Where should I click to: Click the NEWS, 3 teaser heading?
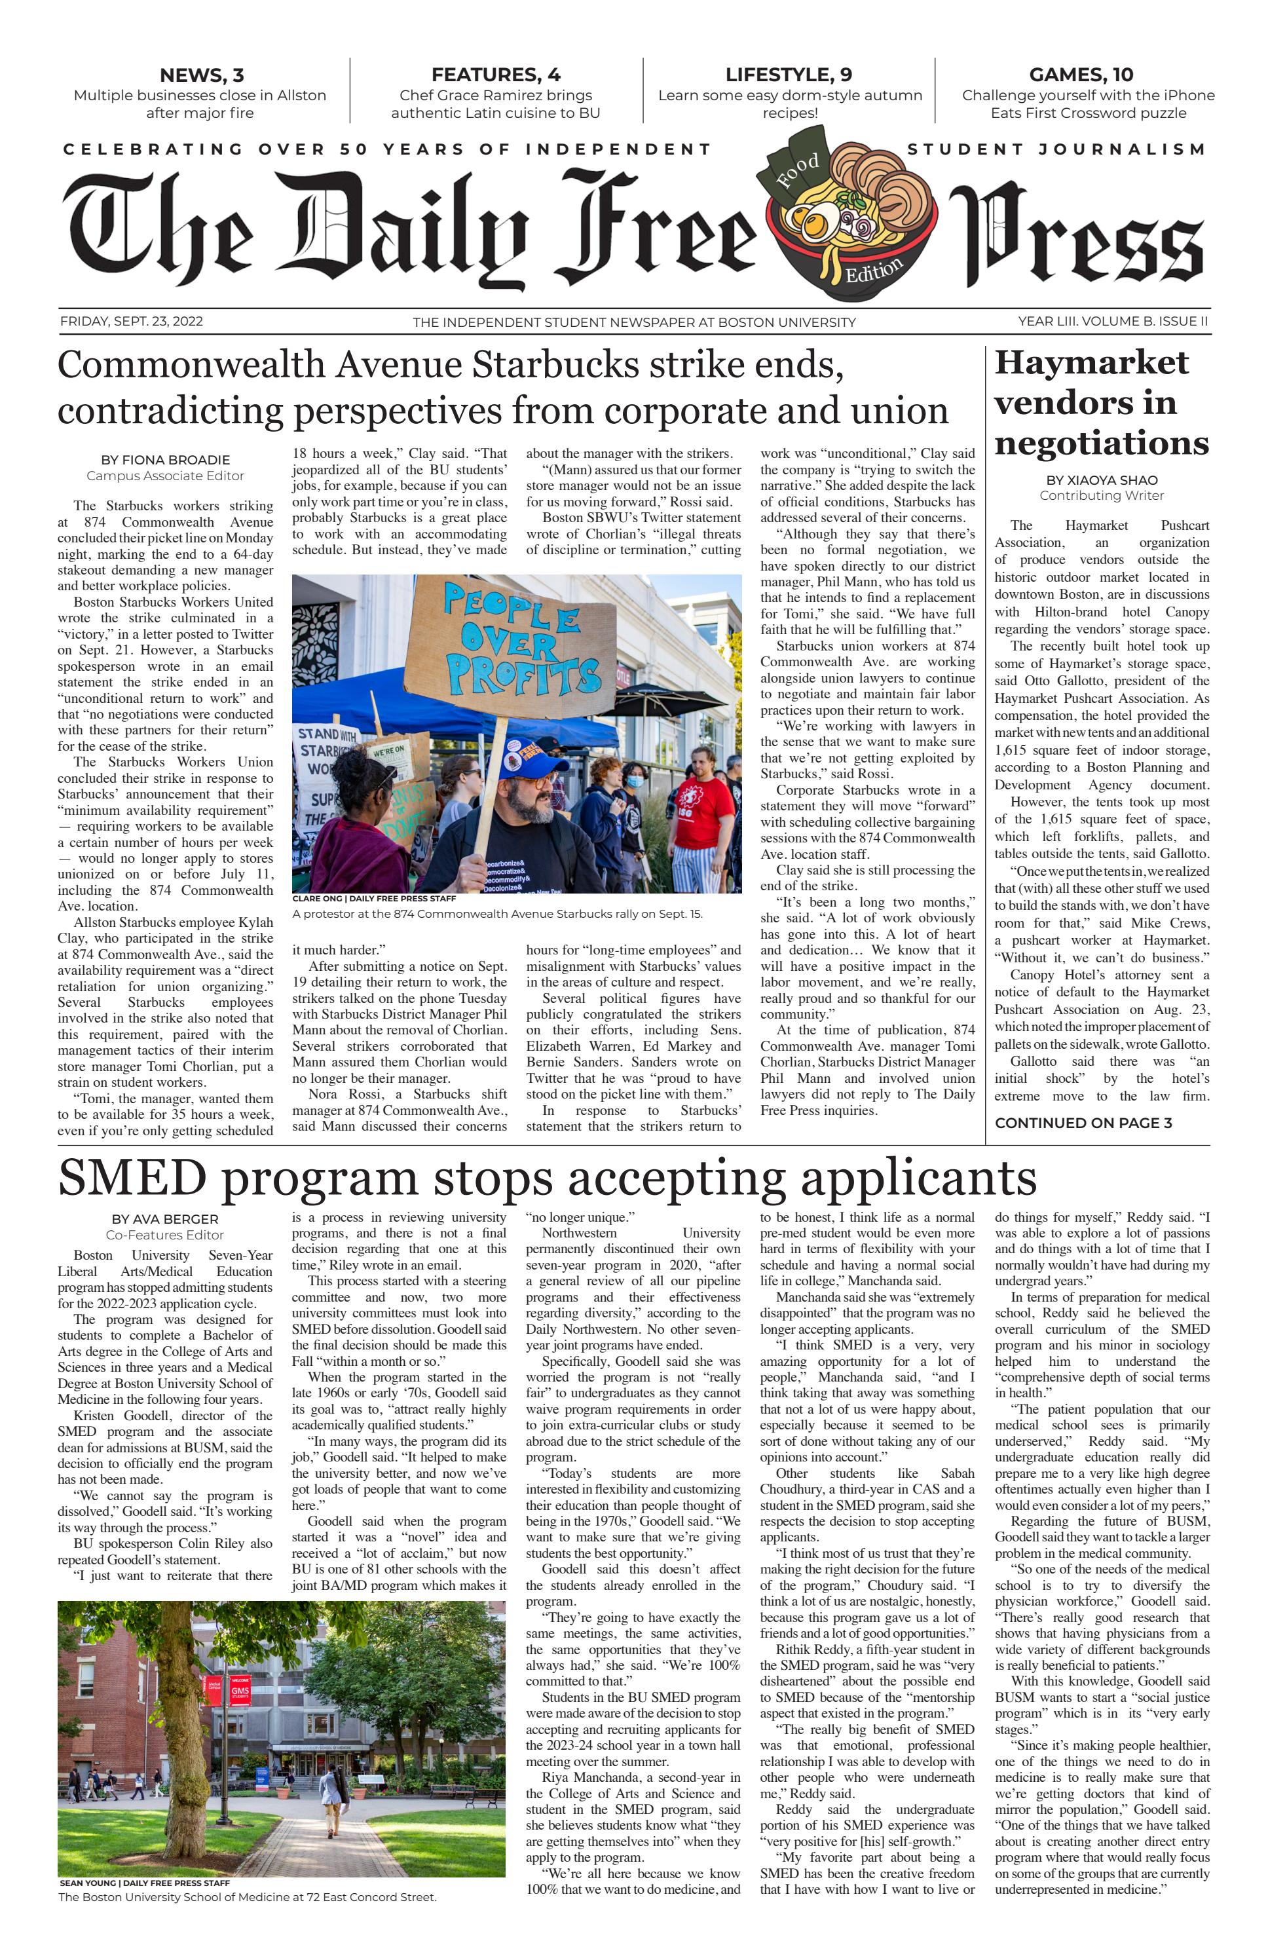click(201, 75)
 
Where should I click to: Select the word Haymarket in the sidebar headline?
click(1091, 363)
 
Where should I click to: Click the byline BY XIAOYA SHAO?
click(1101, 480)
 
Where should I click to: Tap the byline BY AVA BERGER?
click(164, 1219)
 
